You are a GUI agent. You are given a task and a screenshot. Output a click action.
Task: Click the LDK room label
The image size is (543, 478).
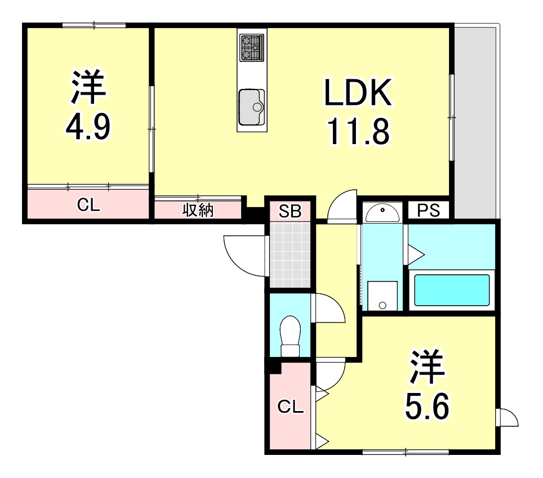(357, 94)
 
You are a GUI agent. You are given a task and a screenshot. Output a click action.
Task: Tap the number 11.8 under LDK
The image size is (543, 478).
(357, 133)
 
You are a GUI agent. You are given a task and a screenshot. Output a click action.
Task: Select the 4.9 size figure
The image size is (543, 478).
(88, 128)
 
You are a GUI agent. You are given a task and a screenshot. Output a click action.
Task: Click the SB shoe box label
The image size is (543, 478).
(291, 212)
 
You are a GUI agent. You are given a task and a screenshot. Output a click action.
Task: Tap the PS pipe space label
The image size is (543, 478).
(428, 211)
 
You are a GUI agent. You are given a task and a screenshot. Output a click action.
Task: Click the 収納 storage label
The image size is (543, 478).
(198, 212)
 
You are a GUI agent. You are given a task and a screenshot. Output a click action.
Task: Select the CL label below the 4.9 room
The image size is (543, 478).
(88, 206)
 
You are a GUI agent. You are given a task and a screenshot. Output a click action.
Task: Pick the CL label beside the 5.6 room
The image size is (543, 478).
(291, 406)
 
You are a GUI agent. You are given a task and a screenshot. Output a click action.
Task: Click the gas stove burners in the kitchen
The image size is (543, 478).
(251, 47)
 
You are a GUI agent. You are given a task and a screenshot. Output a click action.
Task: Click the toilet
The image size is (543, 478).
(291, 336)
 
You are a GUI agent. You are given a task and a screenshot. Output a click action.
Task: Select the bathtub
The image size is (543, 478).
(451, 289)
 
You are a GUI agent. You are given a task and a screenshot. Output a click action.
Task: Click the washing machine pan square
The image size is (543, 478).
(382, 296)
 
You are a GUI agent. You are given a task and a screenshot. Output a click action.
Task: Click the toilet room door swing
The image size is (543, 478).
(328, 308)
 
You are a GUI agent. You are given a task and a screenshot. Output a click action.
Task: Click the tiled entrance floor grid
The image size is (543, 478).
(290, 254)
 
